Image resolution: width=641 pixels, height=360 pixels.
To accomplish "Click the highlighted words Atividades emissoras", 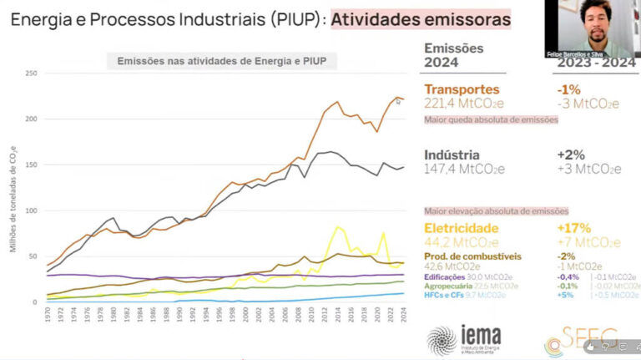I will (x=421, y=18).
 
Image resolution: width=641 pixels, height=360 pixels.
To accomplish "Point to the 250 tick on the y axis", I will (x=32, y=74).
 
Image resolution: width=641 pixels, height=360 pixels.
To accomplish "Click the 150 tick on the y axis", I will (x=32, y=165).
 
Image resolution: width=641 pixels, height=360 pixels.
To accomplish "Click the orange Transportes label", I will (x=462, y=89).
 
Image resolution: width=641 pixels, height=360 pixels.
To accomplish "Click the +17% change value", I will (x=574, y=228).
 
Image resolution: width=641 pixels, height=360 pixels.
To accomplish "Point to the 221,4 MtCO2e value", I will (x=464, y=104).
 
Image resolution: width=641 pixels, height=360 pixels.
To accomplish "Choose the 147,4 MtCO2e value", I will (x=464, y=170).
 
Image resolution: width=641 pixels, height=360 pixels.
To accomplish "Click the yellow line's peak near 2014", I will (x=338, y=226).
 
